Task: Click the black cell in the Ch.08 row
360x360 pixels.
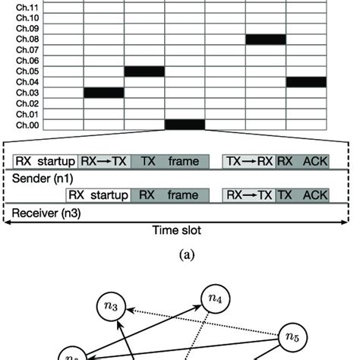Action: [266, 39]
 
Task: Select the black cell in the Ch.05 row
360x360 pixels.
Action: [144, 71]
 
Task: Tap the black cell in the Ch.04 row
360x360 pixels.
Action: [306, 82]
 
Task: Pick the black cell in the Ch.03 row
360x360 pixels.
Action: [103, 93]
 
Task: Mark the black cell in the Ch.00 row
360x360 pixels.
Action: [185, 125]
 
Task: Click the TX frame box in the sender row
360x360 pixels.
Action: [169, 161]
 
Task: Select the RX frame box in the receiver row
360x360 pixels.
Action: [169, 195]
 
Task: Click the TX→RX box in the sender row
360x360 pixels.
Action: [248, 161]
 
